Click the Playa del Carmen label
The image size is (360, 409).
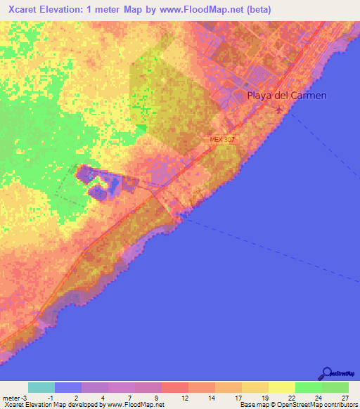coord(286,96)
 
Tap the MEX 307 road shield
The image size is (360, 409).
coord(221,140)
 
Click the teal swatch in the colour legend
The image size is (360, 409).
coord(41,387)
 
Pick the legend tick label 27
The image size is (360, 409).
coord(344,397)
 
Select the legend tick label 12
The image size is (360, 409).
coord(184,397)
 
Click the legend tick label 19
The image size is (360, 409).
coord(264,397)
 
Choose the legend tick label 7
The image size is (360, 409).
coord(130,397)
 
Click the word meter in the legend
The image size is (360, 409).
coord(11,397)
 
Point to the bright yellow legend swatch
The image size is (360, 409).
coord(282,387)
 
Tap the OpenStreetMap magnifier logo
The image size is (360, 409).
coord(326,374)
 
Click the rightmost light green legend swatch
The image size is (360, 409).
coord(335,387)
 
